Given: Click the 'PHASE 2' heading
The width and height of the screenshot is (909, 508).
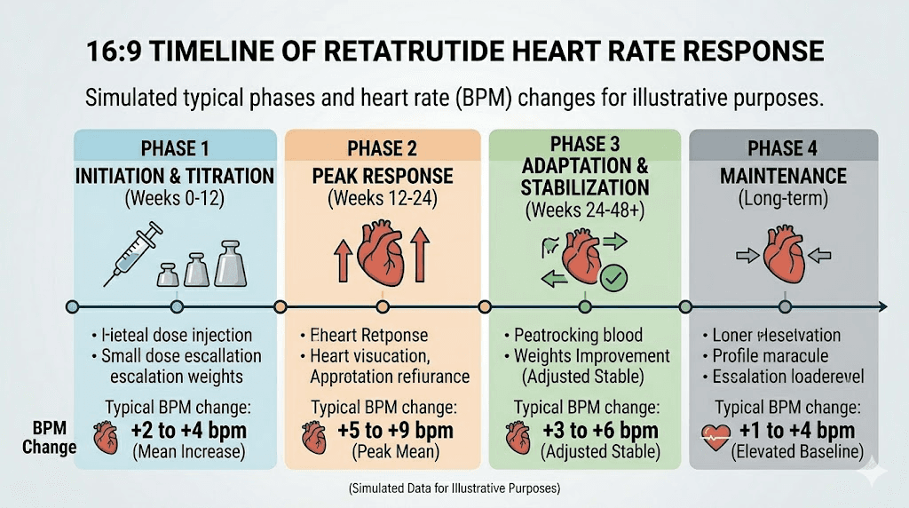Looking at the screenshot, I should point(382,148).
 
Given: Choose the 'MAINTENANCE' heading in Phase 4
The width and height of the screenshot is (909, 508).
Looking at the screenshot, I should point(783,176).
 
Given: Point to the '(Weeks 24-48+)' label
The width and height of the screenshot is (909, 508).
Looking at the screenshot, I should point(586,210).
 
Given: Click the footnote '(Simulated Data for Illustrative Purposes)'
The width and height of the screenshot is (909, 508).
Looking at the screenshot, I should point(454,488).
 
